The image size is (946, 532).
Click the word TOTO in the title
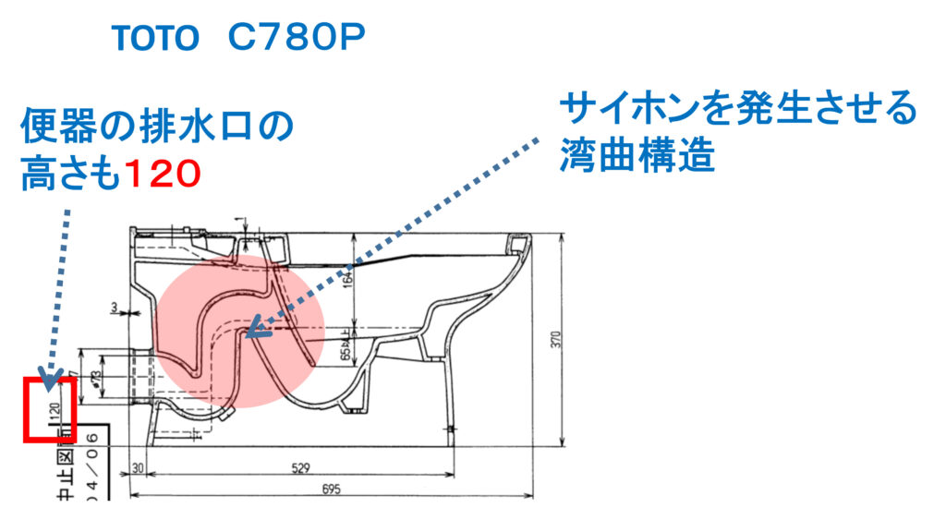click(x=155, y=38)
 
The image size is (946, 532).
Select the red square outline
click(x=49, y=408)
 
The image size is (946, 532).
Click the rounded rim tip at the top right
click(x=520, y=243)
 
